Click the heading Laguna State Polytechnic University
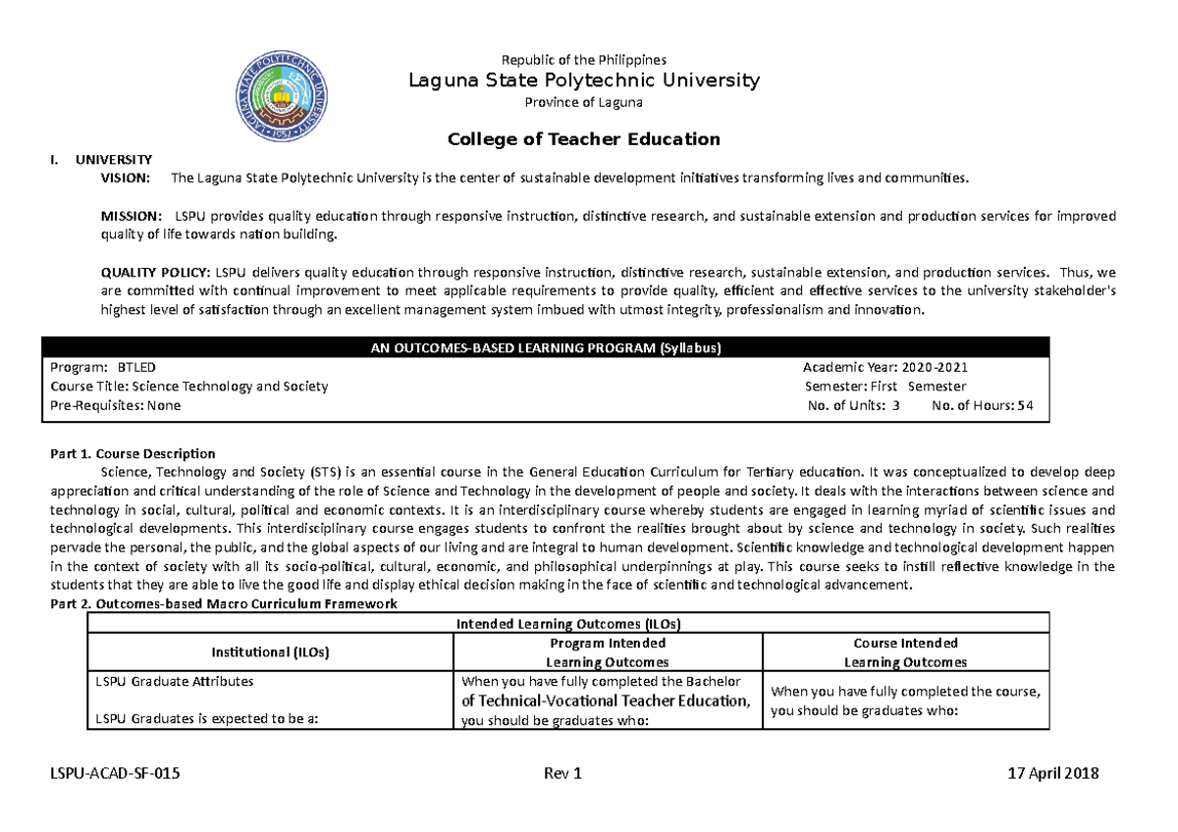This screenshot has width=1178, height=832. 583,80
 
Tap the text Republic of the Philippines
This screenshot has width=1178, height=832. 583,60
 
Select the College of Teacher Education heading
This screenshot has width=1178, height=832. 583,139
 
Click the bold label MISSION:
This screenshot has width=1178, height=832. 133,216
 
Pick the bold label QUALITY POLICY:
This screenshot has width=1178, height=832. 155,272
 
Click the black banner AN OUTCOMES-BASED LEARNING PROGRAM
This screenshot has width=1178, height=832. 546,347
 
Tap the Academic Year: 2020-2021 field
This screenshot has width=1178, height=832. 885,367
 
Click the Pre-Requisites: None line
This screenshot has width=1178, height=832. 115,405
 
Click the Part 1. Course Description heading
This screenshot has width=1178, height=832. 133,453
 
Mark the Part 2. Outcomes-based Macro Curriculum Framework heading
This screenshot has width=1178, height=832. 223,604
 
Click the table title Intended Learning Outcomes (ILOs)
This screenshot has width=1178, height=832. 568,624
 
